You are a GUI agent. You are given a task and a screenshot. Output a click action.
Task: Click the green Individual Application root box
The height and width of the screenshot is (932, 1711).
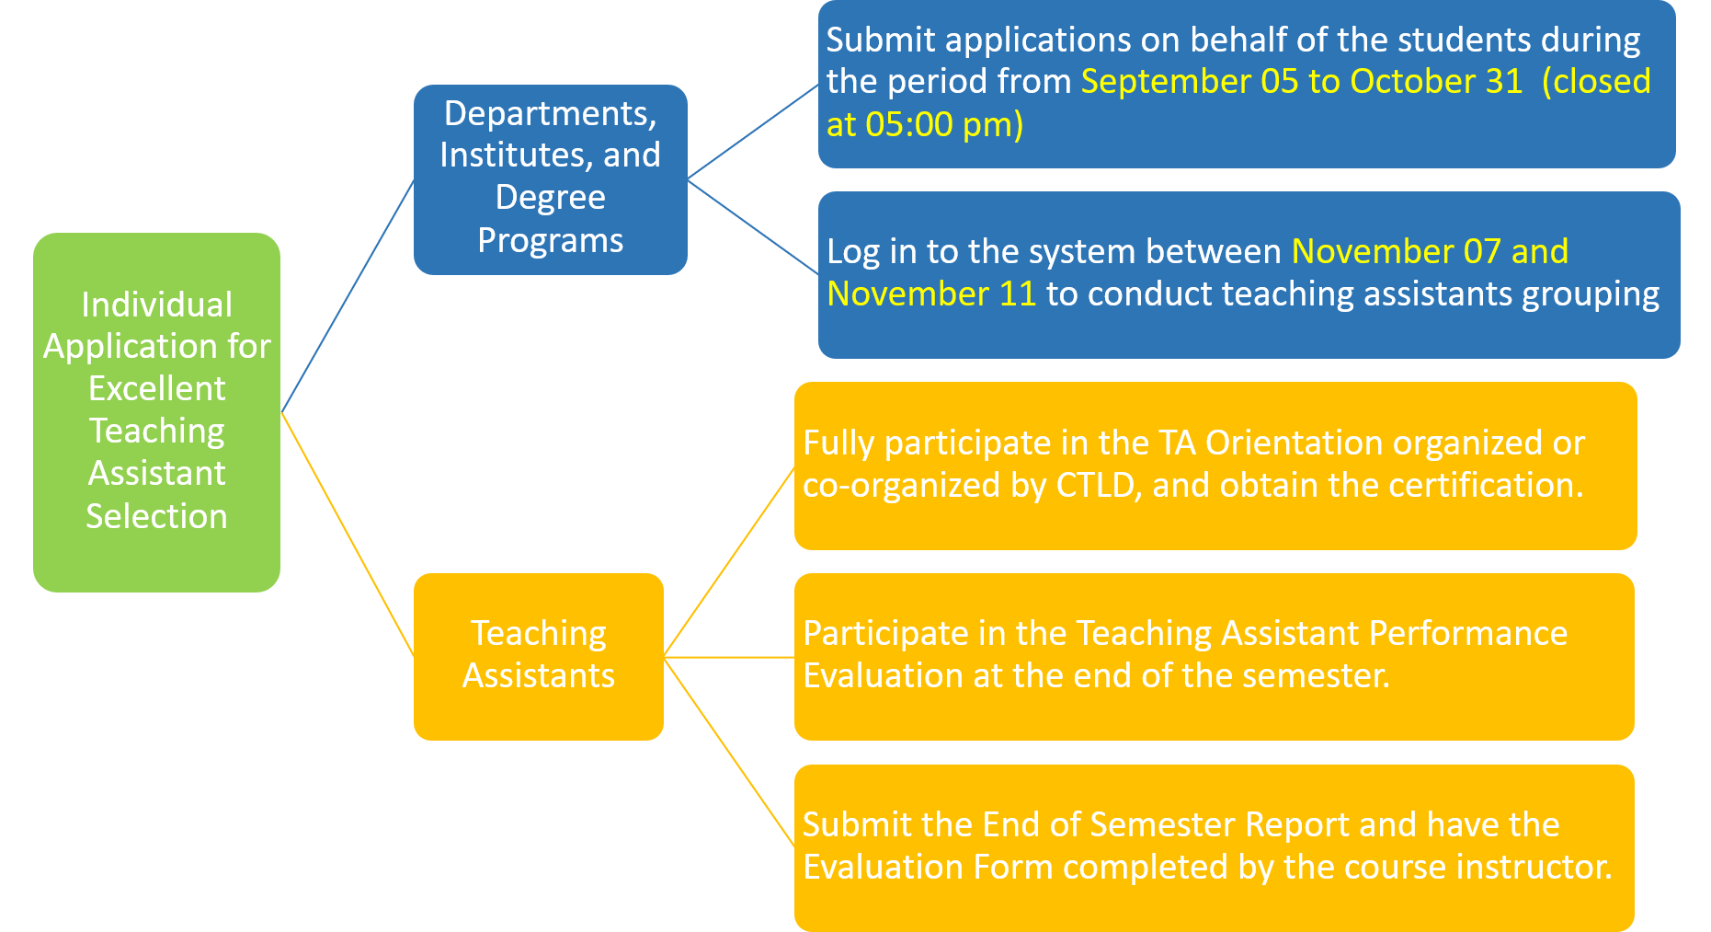[156, 412]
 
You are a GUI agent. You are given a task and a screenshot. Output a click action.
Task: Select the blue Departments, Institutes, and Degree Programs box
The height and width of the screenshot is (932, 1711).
[550, 179]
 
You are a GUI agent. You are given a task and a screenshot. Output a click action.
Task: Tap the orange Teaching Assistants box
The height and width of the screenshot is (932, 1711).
[538, 657]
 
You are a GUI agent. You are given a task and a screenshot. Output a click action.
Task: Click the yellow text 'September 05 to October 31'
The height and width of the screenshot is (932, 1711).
[1302, 81]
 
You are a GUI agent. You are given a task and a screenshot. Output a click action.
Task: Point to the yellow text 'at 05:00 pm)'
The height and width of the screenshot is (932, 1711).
[925, 124]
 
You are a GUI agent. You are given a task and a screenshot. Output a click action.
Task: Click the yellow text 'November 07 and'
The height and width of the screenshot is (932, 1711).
[1430, 251]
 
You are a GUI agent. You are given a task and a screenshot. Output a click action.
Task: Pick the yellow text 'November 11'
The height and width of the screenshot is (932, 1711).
[931, 293]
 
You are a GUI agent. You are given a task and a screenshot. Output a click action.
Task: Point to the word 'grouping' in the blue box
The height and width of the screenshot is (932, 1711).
[1590, 294]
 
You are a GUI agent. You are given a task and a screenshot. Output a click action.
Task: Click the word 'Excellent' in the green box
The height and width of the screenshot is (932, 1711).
[156, 388]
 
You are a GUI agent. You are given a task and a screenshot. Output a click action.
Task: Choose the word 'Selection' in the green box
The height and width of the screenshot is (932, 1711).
[156, 516]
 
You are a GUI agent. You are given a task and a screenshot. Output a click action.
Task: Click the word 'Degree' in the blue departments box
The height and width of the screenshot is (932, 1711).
[550, 198]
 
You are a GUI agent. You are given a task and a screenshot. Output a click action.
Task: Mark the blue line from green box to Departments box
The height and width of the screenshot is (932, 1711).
[348, 296]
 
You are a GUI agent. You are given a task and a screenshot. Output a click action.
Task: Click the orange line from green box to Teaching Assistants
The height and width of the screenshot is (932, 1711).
[348, 535]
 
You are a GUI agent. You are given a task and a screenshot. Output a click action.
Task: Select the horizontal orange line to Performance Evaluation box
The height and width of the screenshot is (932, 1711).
[729, 657]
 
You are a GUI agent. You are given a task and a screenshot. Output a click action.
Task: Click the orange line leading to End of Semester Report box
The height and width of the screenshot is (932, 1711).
[729, 753]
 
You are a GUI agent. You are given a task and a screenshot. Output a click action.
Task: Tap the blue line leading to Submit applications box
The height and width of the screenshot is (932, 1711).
[753, 132]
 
